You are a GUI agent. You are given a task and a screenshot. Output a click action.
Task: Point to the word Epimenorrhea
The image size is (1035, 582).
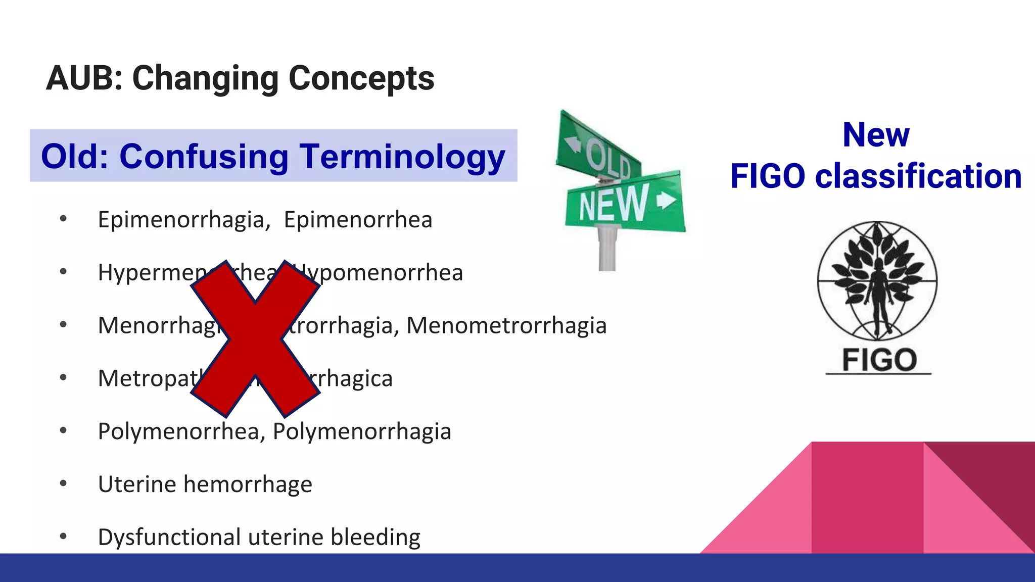358,220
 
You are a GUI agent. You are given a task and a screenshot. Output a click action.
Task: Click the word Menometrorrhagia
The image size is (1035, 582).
506,325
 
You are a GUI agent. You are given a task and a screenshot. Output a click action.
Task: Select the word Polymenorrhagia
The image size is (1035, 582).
362,431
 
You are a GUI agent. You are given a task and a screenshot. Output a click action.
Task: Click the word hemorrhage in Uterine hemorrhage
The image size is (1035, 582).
248,484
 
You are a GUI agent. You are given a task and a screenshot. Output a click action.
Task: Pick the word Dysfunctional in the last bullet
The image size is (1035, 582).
169,537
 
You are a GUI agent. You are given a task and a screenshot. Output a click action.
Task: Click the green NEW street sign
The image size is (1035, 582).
625,202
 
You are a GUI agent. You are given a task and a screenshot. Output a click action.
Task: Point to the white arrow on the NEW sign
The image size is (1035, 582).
666,200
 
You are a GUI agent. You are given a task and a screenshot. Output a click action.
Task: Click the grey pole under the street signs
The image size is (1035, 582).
607,250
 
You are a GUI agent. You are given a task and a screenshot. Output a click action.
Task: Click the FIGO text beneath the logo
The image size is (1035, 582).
879,360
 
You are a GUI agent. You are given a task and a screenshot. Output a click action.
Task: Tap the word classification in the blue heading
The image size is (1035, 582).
918,176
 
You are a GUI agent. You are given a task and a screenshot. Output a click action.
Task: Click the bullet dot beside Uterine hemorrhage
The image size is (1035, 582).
63,484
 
